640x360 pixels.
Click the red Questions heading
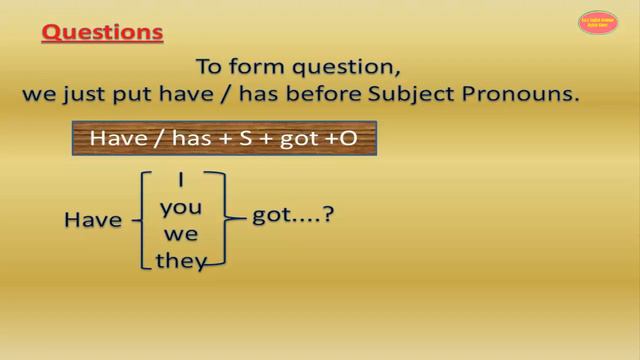[x=102, y=32]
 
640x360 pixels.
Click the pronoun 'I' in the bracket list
[x=181, y=181]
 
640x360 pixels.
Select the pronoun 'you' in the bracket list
[x=181, y=210]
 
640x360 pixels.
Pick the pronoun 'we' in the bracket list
[x=181, y=236]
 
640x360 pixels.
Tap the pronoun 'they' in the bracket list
[x=181, y=261]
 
